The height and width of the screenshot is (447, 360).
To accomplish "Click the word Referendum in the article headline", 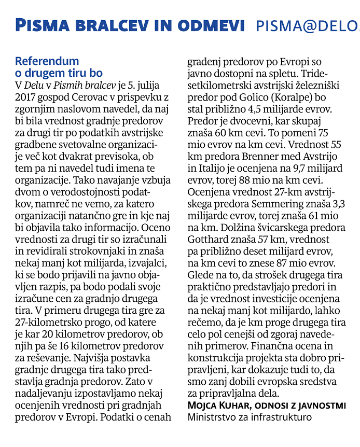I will [x=47, y=61].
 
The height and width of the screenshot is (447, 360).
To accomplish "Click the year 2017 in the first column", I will [x=27, y=96].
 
